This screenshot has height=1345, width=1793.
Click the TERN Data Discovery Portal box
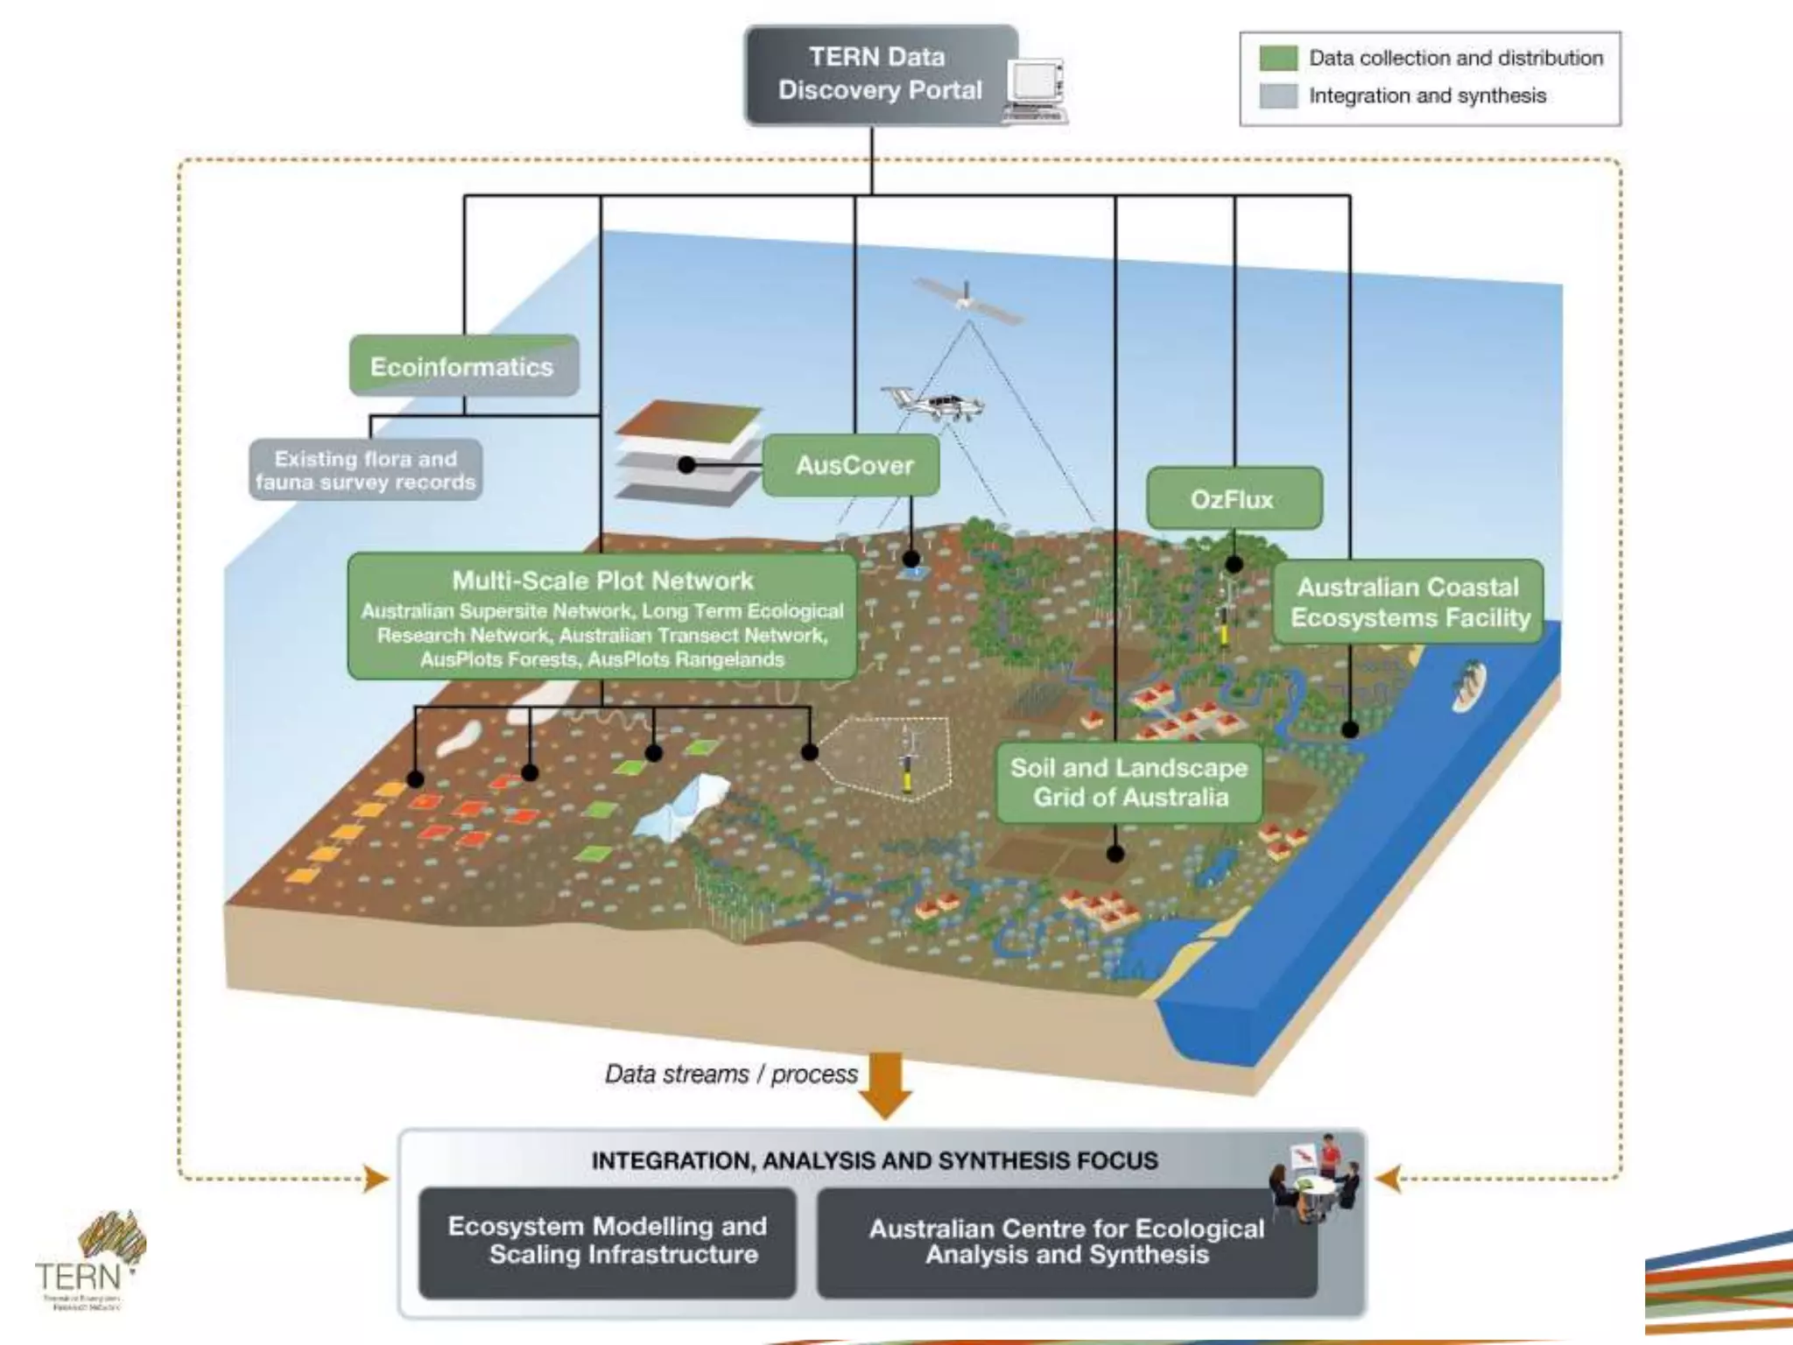[x=879, y=75]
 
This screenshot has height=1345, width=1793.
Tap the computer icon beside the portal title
[x=1036, y=89]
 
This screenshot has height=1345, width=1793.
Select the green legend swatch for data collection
[x=1277, y=59]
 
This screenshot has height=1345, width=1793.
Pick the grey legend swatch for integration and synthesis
[x=1277, y=96]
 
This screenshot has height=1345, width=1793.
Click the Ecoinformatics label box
[x=463, y=366]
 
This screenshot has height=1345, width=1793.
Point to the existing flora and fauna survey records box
[x=365, y=470]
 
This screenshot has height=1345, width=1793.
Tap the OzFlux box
[x=1233, y=499]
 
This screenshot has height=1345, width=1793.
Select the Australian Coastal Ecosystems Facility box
[x=1409, y=602]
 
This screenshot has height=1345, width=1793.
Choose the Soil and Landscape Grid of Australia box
[x=1129, y=783]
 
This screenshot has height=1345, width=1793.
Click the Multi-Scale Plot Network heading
[x=602, y=581]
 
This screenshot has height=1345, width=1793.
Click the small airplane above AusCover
[x=933, y=404]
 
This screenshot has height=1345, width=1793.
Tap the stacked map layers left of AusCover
[x=687, y=454]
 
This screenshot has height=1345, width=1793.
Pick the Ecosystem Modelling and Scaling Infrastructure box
[x=607, y=1241]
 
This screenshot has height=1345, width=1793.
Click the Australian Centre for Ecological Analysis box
[x=1066, y=1242]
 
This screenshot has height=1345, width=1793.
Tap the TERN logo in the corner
[x=88, y=1262]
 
